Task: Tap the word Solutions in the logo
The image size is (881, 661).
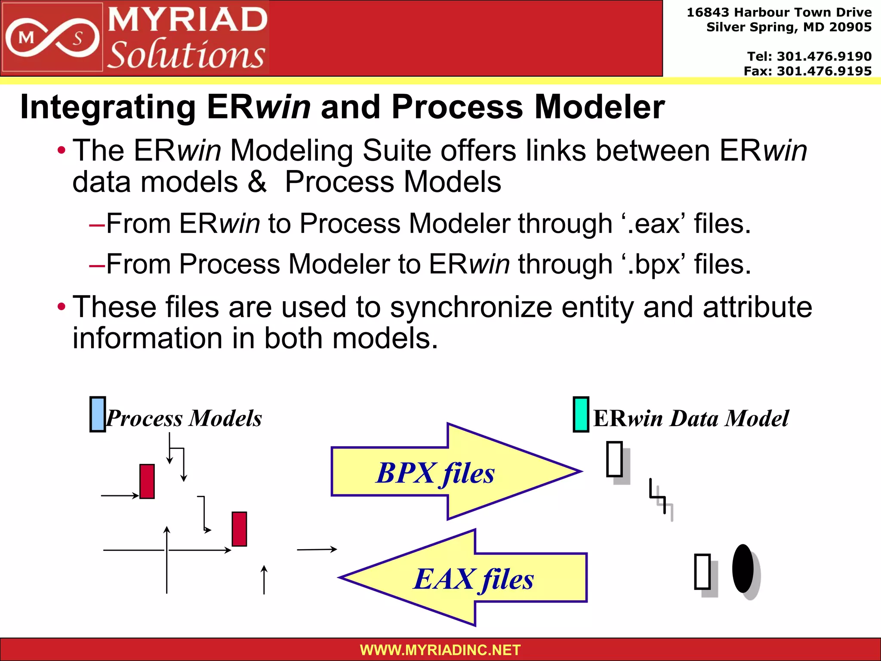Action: coord(186,55)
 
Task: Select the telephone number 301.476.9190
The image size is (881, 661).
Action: coord(824,56)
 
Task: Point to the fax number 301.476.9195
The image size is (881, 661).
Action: coord(824,71)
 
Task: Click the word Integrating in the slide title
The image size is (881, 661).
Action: coord(108,107)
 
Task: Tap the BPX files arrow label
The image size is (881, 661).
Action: coord(435,473)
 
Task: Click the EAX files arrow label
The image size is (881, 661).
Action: coord(473,579)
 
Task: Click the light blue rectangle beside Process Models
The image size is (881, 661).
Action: coord(98,414)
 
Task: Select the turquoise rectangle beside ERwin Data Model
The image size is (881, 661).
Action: coord(581,414)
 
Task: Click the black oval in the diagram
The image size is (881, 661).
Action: coord(743,568)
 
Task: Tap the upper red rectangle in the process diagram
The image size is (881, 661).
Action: coord(147,481)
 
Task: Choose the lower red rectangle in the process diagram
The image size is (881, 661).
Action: coord(239,529)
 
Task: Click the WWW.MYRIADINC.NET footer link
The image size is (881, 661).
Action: coord(440,650)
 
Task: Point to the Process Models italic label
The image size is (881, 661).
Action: coord(184,418)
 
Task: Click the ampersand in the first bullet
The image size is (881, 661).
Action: coord(257,182)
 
